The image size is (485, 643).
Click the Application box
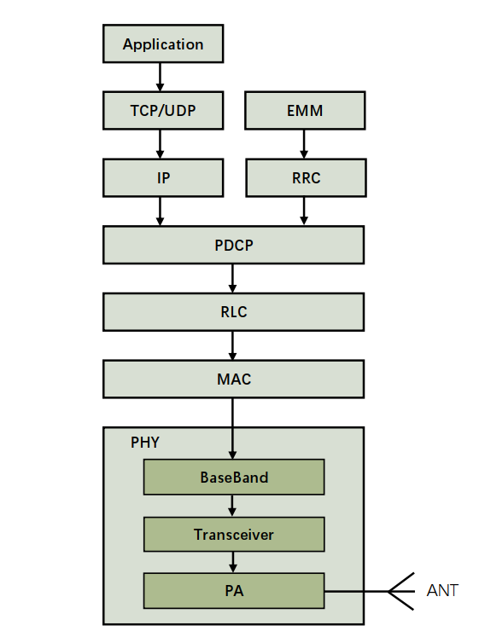click(x=163, y=43)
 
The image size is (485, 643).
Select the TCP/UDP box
click(x=163, y=110)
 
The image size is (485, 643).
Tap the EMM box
click(x=305, y=110)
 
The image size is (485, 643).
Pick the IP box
click(x=163, y=177)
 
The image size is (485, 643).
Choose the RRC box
click(x=306, y=177)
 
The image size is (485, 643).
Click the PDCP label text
click(x=234, y=246)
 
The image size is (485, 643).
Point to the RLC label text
click(x=234, y=312)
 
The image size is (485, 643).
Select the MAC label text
click(x=234, y=379)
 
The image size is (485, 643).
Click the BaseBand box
click(x=234, y=477)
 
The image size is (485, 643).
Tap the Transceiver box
click(x=234, y=535)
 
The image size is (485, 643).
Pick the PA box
click(x=234, y=590)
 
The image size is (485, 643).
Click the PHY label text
click(x=144, y=443)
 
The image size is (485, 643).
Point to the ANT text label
click(x=442, y=590)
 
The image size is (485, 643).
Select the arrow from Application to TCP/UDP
click(x=161, y=77)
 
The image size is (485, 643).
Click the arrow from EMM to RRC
click(x=304, y=144)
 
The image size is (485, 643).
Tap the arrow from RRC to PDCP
click(x=304, y=211)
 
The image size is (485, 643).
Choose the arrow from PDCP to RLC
click(x=232, y=279)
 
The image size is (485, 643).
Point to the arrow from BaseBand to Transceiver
click(x=232, y=506)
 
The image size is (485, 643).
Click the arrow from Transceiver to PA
click(x=233, y=562)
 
